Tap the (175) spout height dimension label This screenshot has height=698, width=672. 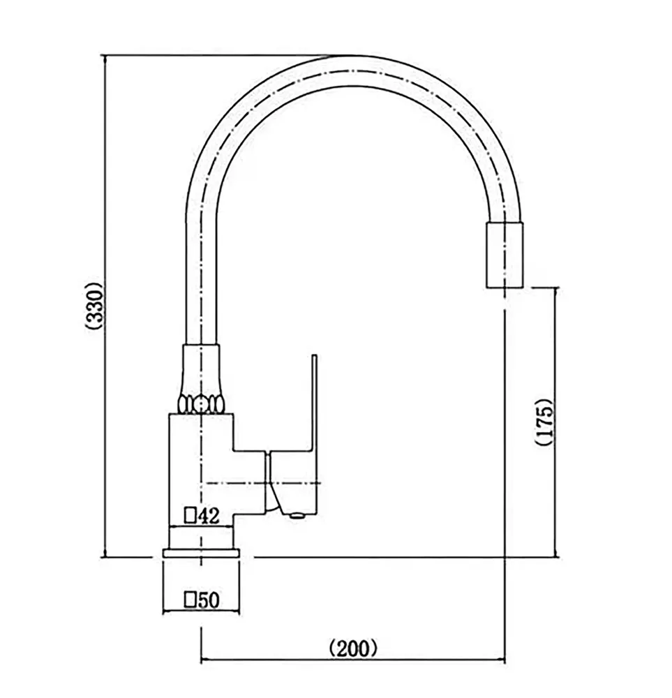tap(544, 422)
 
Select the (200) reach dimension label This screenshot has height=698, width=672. tap(353, 648)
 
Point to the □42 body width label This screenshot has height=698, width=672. tap(202, 516)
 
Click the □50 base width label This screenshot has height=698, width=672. tap(201, 600)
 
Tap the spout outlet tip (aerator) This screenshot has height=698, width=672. tap(503, 255)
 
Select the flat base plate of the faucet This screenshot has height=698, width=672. tap(201, 553)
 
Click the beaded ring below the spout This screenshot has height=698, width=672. tap(201, 403)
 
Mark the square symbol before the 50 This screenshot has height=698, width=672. tap(189, 600)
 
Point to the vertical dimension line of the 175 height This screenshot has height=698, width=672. tap(555, 349)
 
